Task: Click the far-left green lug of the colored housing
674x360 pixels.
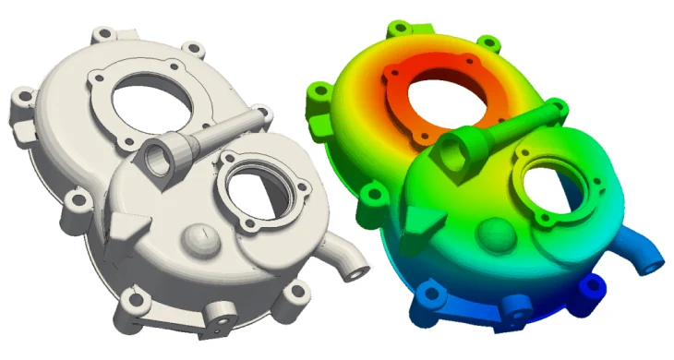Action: click(319, 93)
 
